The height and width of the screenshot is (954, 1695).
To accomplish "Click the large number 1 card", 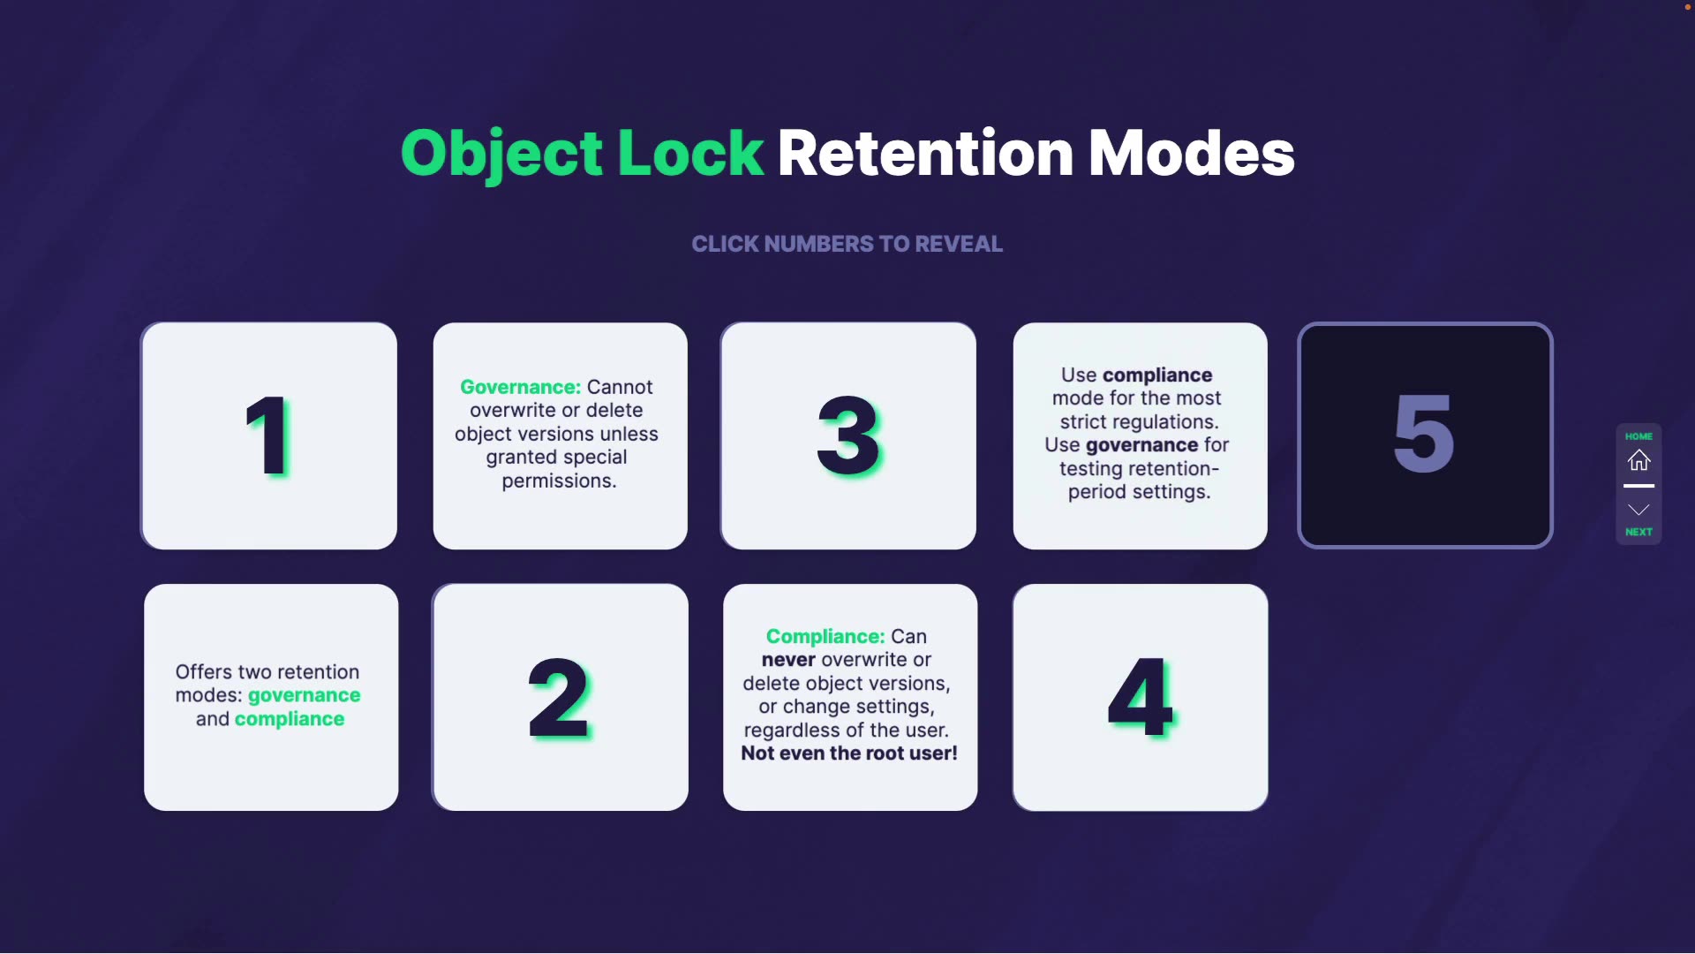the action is (x=268, y=435).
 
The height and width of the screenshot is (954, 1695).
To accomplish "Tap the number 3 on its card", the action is (x=848, y=435).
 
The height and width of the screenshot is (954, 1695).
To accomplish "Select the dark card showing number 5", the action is (x=1425, y=435).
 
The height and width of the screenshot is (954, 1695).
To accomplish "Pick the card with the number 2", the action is (x=560, y=698).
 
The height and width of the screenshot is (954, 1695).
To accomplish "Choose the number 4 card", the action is (x=1140, y=698).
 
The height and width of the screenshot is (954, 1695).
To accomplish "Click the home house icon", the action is (x=1638, y=460).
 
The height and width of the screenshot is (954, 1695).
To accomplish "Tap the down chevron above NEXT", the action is (x=1638, y=510).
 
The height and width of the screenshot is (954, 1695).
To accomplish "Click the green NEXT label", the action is (x=1638, y=532).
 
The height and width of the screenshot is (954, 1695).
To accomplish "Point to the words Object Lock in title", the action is (x=582, y=154).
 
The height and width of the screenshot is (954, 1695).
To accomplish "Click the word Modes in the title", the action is (x=1191, y=154).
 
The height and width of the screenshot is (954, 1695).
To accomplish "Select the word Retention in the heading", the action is (x=925, y=154).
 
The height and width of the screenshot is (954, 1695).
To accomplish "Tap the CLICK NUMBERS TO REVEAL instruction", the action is (x=847, y=244).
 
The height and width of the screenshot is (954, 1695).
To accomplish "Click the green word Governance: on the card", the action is (x=520, y=387).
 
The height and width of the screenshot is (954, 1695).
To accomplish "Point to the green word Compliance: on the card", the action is (x=825, y=636).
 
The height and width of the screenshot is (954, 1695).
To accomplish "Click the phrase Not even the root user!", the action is (x=849, y=753).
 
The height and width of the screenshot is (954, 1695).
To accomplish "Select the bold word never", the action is (x=788, y=660).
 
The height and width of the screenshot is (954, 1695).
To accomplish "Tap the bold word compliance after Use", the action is (x=1157, y=375).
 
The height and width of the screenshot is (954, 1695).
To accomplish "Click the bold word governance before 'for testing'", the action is (x=1141, y=445).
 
